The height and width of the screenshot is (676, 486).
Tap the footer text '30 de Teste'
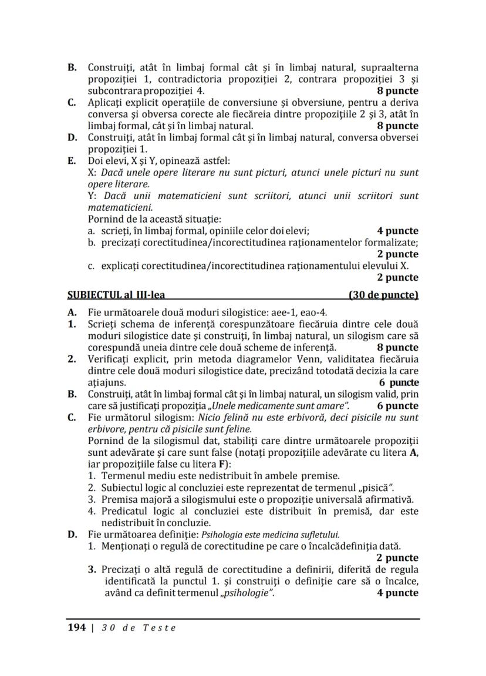[x=138, y=627]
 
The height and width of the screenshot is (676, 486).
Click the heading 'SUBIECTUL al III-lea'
[x=114, y=295]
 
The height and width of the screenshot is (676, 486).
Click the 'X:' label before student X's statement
[x=93, y=172]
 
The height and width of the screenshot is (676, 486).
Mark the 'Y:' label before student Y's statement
[x=92, y=196]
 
